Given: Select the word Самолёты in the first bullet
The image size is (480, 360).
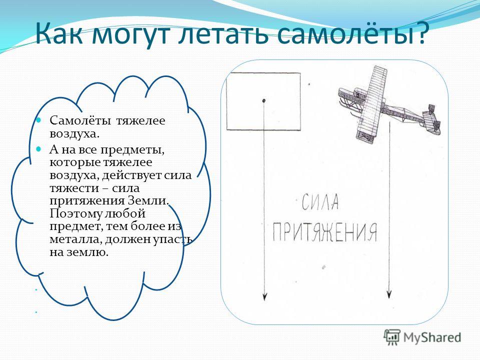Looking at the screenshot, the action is [x=80, y=120].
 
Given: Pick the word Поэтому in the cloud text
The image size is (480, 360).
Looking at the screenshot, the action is [x=75, y=213].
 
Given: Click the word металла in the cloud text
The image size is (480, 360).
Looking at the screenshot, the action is [x=75, y=239].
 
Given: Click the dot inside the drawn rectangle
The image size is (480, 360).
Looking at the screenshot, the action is [x=263, y=100].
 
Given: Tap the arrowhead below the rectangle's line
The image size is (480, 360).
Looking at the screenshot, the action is [x=265, y=297].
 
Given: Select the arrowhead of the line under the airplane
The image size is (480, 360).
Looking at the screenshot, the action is [x=389, y=294].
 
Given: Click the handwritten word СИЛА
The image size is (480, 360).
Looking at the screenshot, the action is [x=320, y=201].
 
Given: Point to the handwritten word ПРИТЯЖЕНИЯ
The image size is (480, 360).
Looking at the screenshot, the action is [x=325, y=232].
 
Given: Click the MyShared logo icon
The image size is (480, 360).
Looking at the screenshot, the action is [x=392, y=337].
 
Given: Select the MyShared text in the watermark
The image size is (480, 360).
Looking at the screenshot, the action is [x=432, y=337].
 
